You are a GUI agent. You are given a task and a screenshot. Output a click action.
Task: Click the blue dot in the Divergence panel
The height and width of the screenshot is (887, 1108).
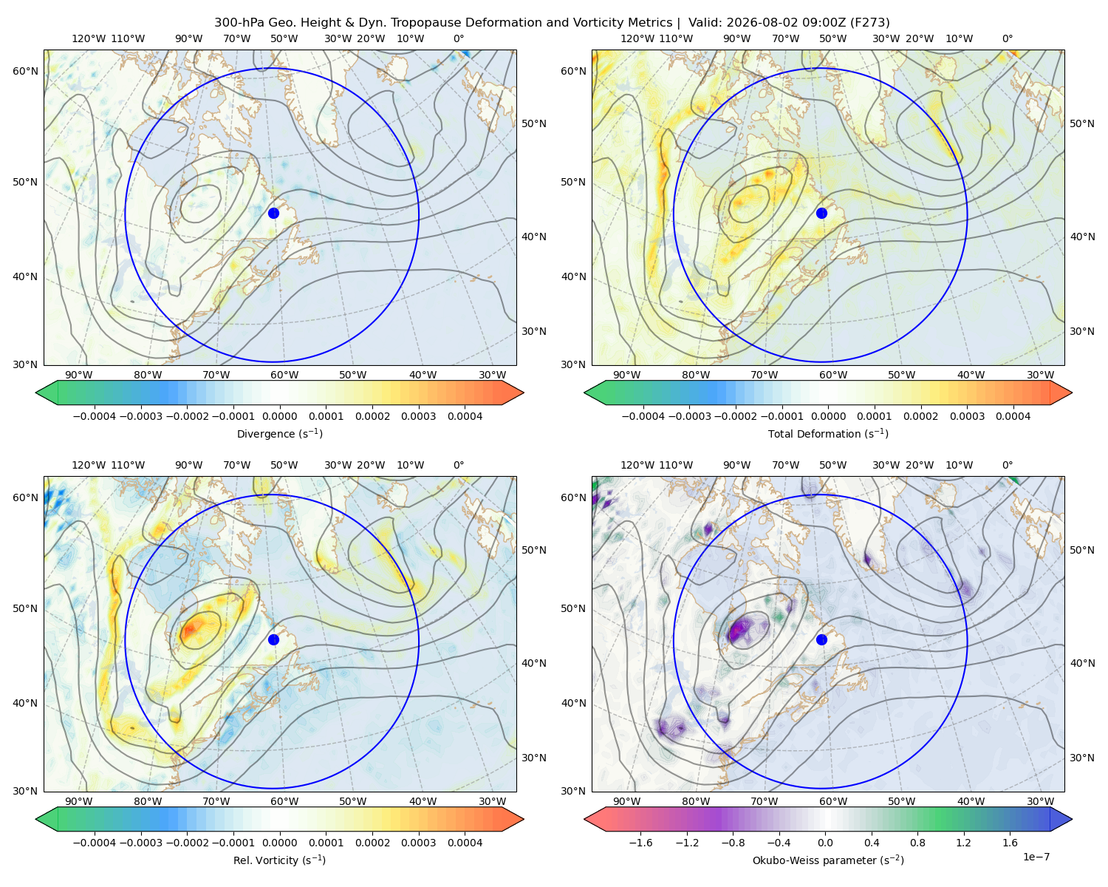(273, 213)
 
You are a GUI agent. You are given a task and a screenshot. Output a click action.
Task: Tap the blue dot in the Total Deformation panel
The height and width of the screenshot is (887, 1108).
(821, 213)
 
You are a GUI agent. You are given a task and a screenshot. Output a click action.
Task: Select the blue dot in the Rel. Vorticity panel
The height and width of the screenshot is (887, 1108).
(273, 639)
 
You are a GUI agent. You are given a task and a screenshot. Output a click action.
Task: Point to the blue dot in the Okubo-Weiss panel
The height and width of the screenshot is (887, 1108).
(821, 639)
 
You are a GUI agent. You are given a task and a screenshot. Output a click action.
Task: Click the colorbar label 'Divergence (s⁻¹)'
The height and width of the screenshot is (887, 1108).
(279, 433)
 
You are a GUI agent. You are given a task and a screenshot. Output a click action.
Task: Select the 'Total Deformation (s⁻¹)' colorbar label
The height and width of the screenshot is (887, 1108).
(828, 433)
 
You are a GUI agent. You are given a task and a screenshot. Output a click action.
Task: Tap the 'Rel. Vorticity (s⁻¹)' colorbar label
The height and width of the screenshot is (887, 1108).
(279, 860)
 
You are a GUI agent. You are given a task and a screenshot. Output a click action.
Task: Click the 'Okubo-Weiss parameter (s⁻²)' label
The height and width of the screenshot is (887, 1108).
(828, 860)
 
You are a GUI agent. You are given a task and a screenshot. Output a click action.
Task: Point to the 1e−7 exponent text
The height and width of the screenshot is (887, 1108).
(1036, 857)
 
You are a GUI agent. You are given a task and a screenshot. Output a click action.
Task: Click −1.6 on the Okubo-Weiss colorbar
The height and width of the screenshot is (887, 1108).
(640, 843)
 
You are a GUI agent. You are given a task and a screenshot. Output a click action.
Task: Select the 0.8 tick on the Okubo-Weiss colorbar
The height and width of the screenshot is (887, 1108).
(917, 843)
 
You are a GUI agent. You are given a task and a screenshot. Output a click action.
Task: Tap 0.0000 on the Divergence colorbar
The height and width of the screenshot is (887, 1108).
(279, 416)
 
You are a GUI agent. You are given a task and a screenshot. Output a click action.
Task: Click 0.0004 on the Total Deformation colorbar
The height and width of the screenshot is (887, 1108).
(1013, 416)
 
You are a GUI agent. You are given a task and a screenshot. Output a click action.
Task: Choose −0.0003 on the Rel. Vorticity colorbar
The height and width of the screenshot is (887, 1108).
(140, 843)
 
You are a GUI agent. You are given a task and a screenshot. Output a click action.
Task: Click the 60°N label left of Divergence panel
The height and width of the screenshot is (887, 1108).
(25, 71)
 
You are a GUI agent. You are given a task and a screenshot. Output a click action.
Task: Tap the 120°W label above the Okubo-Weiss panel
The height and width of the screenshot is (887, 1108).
(637, 465)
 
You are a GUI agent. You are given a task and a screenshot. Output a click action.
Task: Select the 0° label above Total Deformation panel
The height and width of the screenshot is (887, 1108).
(1007, 38)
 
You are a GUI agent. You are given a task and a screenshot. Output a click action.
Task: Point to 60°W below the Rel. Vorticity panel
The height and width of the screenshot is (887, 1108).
(284, 801)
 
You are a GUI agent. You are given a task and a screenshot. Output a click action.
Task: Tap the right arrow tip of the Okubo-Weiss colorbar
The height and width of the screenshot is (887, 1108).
(1072, 819)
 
